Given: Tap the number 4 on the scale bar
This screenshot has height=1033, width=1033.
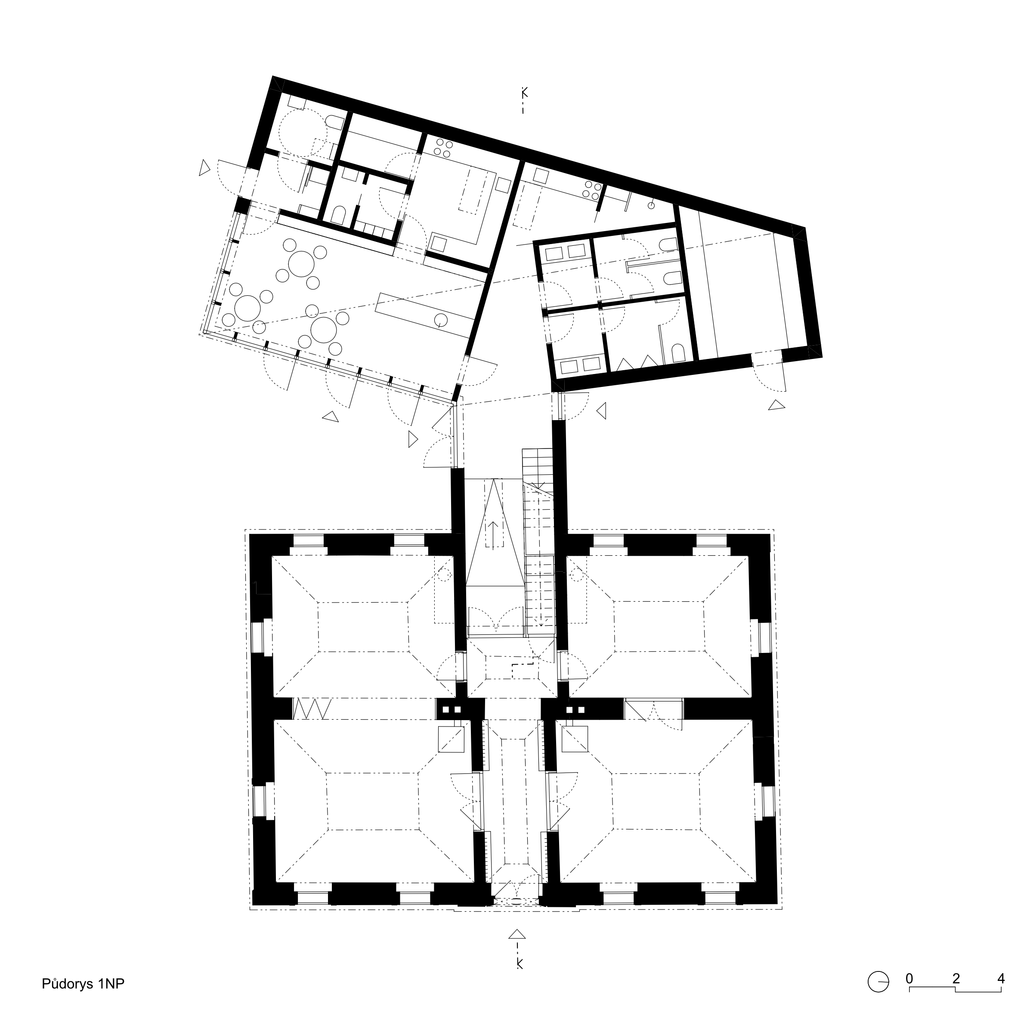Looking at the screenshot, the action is pos(1001,978).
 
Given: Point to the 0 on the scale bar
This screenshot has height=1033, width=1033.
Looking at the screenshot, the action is pos(909,978).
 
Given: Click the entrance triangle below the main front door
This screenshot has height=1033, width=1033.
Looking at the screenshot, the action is pos(516,934).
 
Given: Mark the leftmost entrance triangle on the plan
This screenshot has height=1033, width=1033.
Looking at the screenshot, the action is pos(204,168).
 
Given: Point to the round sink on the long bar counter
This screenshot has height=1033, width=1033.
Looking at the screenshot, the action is pos(441,320).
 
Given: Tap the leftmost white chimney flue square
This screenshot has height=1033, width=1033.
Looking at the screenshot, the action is pos(445,709).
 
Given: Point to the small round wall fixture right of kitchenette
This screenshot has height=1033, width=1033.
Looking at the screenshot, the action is pos(652,205).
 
